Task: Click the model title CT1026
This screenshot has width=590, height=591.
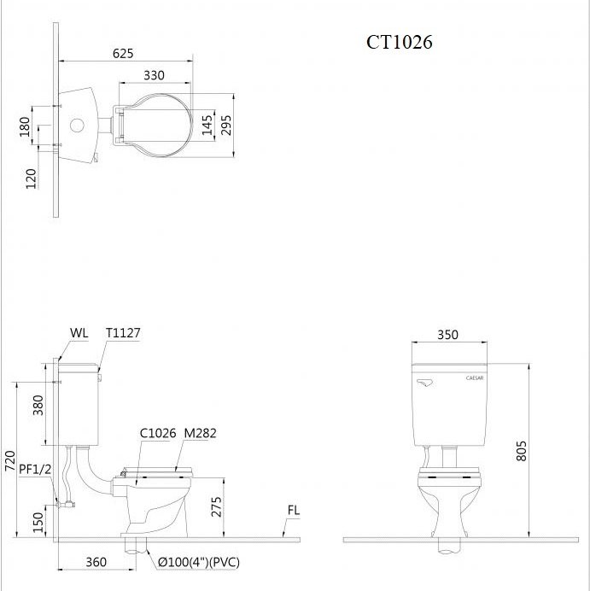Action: (400, 42)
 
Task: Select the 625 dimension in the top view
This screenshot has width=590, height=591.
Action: (123, 54)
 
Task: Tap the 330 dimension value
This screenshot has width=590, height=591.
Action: (154, 75)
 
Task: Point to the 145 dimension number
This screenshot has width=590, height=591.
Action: (207, 126)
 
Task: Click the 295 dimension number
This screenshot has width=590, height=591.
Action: (226, 125)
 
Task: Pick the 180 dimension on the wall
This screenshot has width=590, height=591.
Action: (25, 127)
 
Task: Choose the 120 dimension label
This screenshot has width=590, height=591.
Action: (32, 178)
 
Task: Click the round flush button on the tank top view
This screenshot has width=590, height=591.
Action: (77, 126)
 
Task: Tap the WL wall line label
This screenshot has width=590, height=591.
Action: (79, 333)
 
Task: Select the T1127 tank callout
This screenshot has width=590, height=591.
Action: (123, 333)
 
